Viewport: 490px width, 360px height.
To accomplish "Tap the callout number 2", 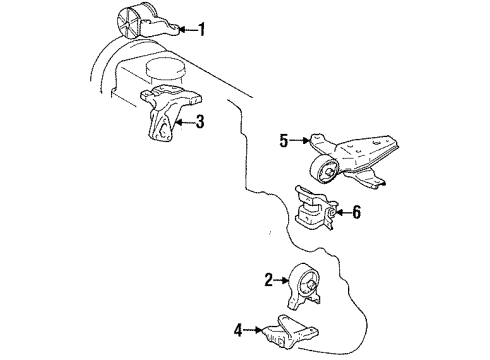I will tap(269, 280).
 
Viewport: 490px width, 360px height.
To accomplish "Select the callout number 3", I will tap(200, 124).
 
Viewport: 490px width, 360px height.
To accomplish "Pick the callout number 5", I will tap(283, 141).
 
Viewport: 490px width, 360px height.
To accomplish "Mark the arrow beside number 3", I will tap(185, 124).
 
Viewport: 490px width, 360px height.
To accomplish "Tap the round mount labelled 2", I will tap(306, 286).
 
